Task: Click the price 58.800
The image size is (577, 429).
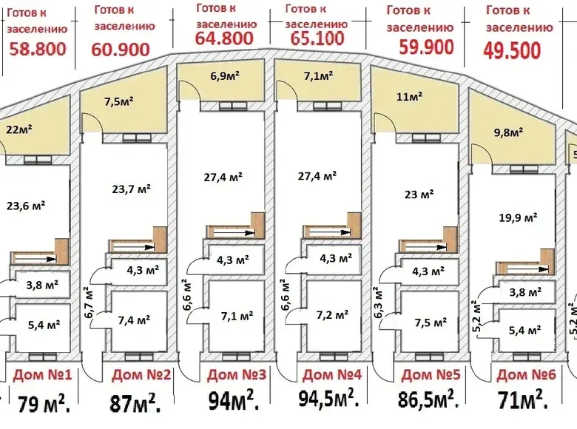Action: click(38, 49)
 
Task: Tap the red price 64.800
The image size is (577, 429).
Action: click(224, 38)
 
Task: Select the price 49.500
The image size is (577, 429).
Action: click(512, 50)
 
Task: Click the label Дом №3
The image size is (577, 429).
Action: click(237, 375)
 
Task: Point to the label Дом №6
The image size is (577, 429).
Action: click(526, 375)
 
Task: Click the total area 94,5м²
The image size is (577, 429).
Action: click(329, 399)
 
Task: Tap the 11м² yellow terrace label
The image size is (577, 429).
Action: click(409, 96)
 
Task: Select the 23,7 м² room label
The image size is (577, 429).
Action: click(132, 189)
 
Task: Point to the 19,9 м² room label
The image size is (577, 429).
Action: click(518, 217)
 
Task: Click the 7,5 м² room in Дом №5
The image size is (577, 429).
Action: click(431, 322)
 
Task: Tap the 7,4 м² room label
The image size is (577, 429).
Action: click(134, 320)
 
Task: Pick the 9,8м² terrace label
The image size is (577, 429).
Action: click(507, 132)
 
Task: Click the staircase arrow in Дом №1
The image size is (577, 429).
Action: click(36, 260)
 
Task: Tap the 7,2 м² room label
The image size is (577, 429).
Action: click(332, 315)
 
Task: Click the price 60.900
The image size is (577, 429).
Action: click(121, 50)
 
